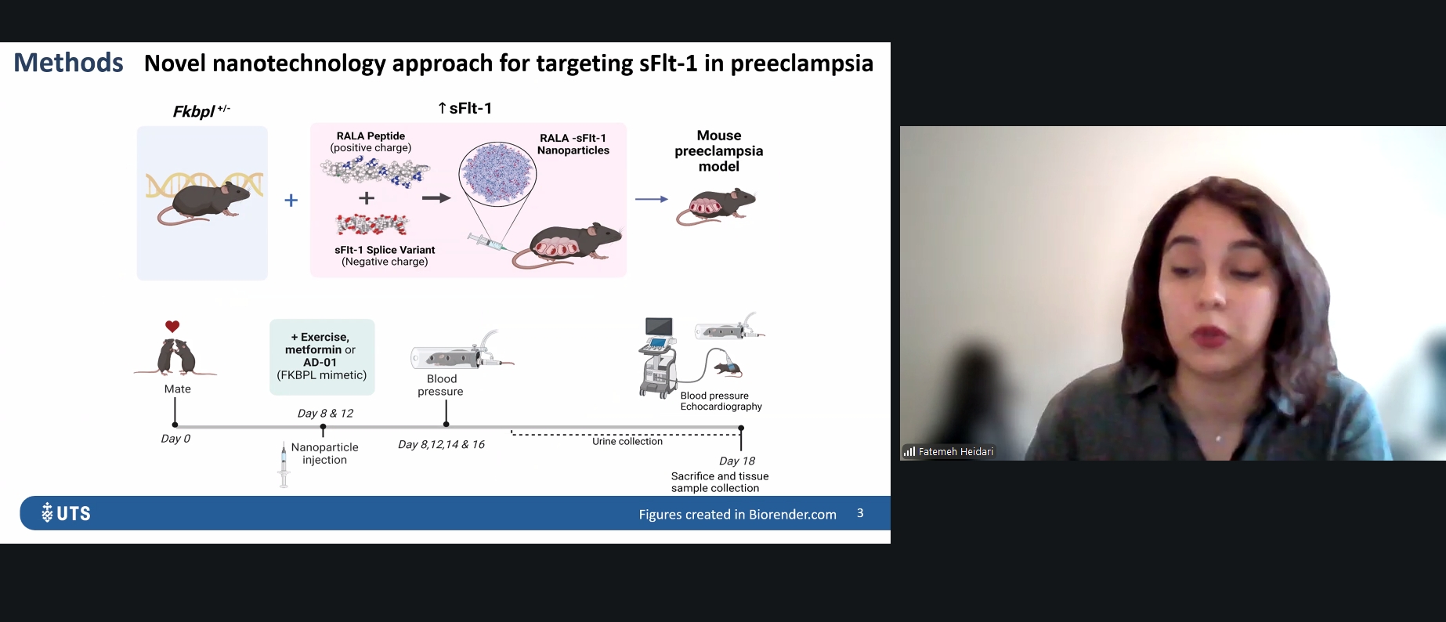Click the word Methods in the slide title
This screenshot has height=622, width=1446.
pyautogui.click(x=68, y=63)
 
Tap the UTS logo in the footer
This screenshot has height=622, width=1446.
pyautogui.click(x=66, y=513)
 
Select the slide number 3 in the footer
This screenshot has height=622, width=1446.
pyautogui.click(x=860, y=513)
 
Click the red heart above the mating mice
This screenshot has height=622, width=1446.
pyautogui.click(x=172, y=326)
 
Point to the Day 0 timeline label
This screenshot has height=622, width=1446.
pyautogui.click(x=175, y=439)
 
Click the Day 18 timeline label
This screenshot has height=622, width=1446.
pyautogui.click(x=737, y=461)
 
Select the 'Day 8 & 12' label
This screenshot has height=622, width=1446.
pyautogui.click(x=325, y=413)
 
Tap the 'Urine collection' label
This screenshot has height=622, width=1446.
pyautogui.click(x=627, y=441)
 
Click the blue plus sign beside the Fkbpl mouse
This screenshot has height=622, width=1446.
pyautogui.click(x=291, y=201)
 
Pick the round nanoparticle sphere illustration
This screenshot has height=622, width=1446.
pyautogui.click(x=497, y=175)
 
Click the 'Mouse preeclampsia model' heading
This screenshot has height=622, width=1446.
pyautogui.click(x=719, y=150)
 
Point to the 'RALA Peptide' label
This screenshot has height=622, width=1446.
pyautogui.click(x=371, y=136)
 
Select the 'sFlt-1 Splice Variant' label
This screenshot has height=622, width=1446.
pyautogui.click(x=385, y=250)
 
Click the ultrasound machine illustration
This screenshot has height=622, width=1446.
pyautogui.click(x=658, y=357)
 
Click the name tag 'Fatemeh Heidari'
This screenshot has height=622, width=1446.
pyautogui.click(x=956, y=451)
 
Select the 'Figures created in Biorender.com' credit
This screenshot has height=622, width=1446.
pyautogui.click(x=737, y=514)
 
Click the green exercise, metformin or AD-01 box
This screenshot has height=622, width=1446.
pyautogui.click(x=322, y=356)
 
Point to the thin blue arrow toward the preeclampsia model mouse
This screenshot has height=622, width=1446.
pyautogui.click(x=651, y=200)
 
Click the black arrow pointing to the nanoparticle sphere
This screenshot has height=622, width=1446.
pyautogui.click(x=436, y=198)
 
